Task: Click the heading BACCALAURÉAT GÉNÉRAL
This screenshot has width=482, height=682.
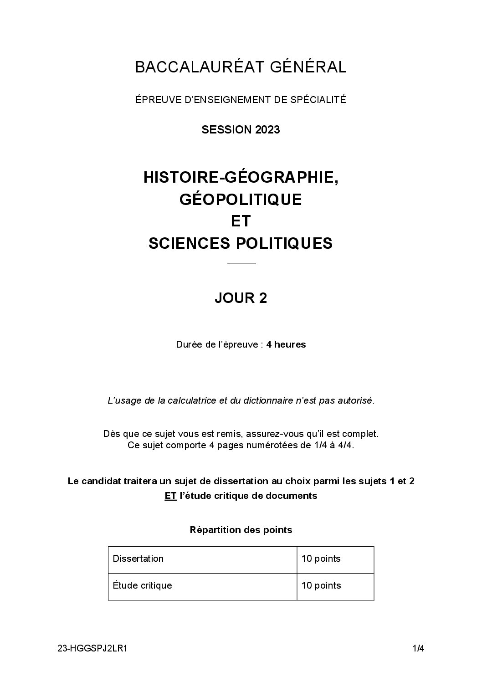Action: tap(241, 67)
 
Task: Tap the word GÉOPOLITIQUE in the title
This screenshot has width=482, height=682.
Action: tap(241, 200)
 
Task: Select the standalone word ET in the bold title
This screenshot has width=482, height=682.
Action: tap(241, 221)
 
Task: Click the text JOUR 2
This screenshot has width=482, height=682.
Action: tap(241, 298)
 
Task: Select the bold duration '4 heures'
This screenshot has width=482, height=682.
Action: tap(286, 344)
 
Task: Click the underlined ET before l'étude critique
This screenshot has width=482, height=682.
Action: tap(170, 496)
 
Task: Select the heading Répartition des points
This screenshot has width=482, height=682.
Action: tap(241, 530)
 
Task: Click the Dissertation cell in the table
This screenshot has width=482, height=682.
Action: tap(138, 559)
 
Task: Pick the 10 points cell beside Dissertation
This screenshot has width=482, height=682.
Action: tap(321, 559)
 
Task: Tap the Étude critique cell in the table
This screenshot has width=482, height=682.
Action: tap(142, 585)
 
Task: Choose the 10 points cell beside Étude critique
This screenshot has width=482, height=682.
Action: tap(321, 585)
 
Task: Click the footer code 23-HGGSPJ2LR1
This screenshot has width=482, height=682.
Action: tap(92, 649)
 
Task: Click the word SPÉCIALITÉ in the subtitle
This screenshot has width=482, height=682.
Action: tap(318, 99)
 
